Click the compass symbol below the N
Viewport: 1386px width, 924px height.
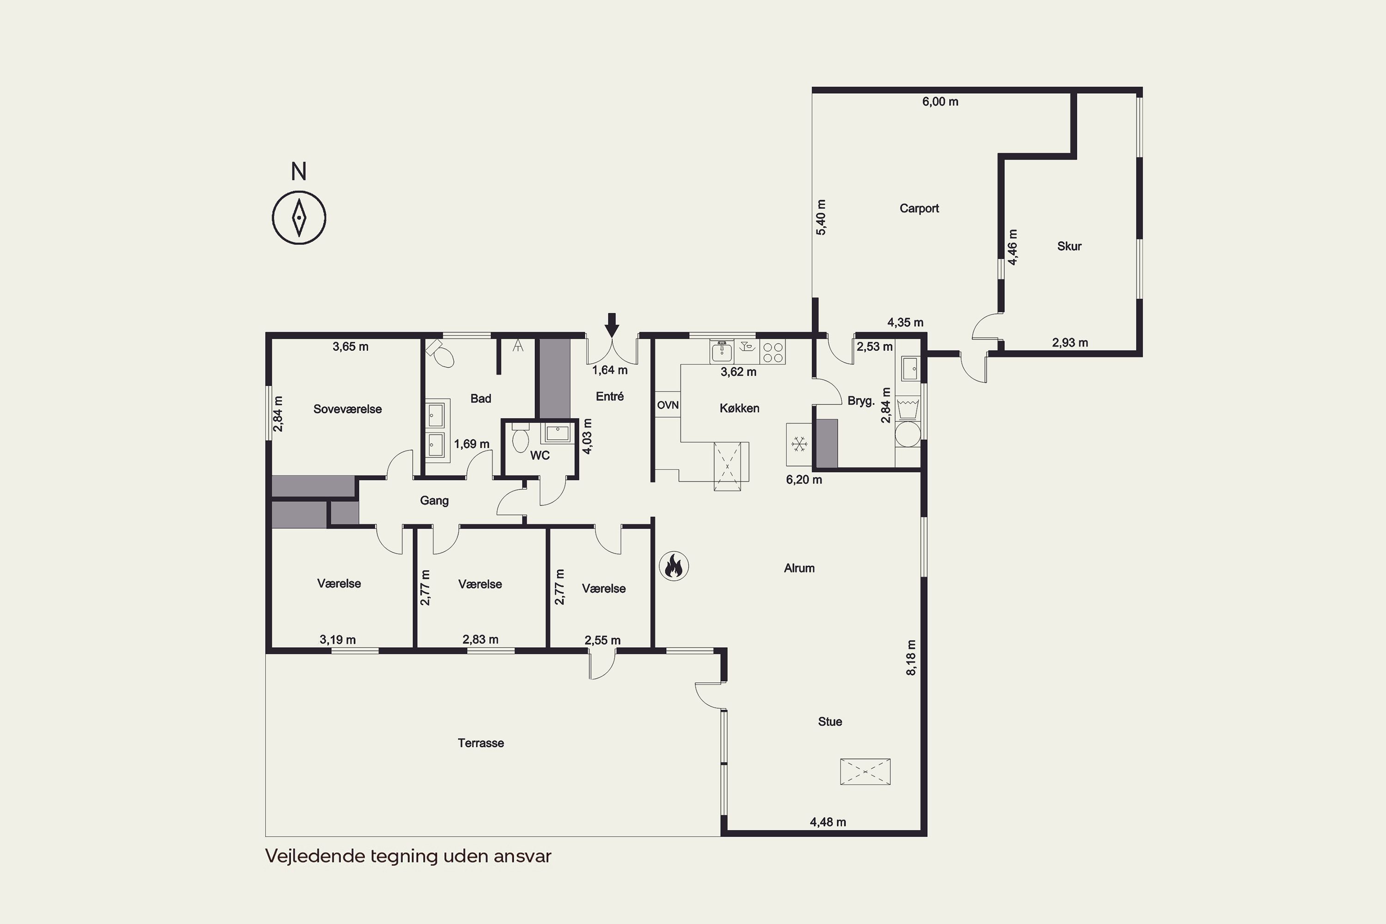pyautogui.click(x=299, y=218)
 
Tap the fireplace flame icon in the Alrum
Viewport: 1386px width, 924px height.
pyautogui.click(x=674, y=567)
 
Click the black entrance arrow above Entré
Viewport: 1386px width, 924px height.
pyautogui.click(x=612, y=325)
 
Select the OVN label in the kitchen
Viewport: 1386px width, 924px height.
pyautogui.click(x=668, y=406)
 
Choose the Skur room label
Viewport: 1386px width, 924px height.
pyautogui.click(x=1069, y=246)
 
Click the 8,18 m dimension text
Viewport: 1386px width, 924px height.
pyautogui.click(x=911, y=657)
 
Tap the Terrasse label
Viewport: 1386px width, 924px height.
pyautogui.click(x=481, y=743)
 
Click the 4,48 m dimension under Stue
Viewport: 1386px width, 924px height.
pyautogui.click(x=828, y=822)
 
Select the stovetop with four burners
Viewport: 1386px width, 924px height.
pyautogui.click(x=772, y=352)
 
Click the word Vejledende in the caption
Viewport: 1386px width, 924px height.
pyautogui.click(x=315, y=856)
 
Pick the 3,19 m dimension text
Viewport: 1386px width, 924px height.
pyautogui.click(x=338, y=639)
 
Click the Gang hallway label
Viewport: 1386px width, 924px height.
pyautogui.click(x=434, y=500)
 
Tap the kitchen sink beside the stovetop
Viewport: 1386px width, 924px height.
pyautogui.click(x=722, y=351)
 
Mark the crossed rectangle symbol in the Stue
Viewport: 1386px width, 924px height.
pyautogui.click(x=865, y=772)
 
